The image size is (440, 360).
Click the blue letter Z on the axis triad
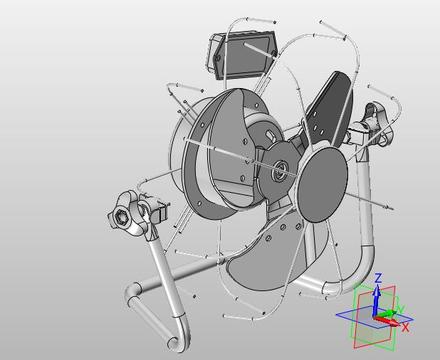[378, 278]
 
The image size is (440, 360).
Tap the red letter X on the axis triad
[405, 327]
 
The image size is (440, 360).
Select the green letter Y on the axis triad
[401, 309]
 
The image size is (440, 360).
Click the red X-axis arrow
[387, 320]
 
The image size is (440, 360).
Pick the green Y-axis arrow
[387, 314]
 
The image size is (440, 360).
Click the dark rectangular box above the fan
[242, 55]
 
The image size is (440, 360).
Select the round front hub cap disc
[322, 185]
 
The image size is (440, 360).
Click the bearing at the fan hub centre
[279, 169]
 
